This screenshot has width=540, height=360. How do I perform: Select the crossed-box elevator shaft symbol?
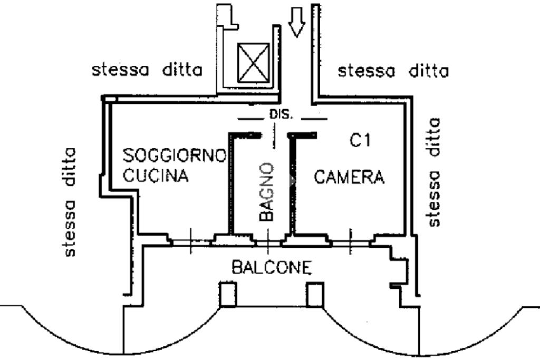click(x=254, y=62)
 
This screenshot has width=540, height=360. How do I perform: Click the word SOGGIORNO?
click(x=175, y=155)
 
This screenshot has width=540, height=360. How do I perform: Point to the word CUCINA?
click(x=156, y=176)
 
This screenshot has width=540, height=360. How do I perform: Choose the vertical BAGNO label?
click(x=266, y=191)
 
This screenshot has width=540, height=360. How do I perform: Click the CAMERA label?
click(x=349, y=177)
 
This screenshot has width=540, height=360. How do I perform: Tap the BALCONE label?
click(x=272, y=268)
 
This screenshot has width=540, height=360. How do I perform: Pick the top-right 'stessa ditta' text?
click(x=393, y=70)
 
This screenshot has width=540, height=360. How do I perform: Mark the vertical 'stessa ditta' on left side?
click(x=70, y=202)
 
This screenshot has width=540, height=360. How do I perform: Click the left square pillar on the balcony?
click(x=228, y=295)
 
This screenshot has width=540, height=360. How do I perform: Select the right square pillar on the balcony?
click(x=315, y=295)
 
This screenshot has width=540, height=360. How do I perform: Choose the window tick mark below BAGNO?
click(x=268, y=242)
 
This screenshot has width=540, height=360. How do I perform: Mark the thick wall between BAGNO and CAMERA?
click(x=291, y=184)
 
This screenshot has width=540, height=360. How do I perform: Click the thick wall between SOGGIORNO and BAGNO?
click(x=230, y=184)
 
